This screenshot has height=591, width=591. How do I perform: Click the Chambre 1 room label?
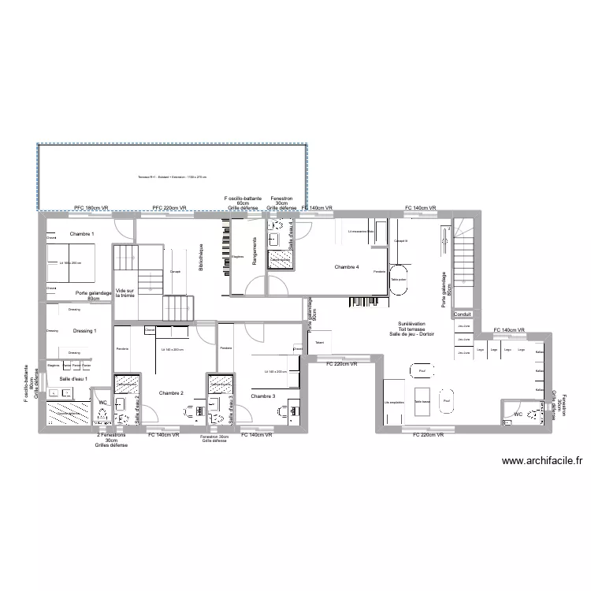point(81,235)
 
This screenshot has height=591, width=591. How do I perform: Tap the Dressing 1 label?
point(84,331)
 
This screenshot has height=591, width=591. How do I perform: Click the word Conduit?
point(463,314)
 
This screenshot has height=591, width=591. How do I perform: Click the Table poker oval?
point(399,280)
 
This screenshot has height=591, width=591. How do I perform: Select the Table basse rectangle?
point(422,401)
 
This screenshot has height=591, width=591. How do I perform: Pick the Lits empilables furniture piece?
point(393,402)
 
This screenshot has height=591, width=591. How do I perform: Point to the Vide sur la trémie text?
point(125,292)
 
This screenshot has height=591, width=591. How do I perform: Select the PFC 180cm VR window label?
point(91,208)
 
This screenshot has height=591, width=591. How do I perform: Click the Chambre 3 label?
point(263,396)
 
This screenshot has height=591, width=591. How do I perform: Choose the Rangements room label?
point(255,251)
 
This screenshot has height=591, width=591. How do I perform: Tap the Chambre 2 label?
point(171,393)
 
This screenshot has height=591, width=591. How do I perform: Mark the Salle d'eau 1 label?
point(73,380)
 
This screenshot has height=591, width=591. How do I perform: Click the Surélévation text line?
point(411,325)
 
